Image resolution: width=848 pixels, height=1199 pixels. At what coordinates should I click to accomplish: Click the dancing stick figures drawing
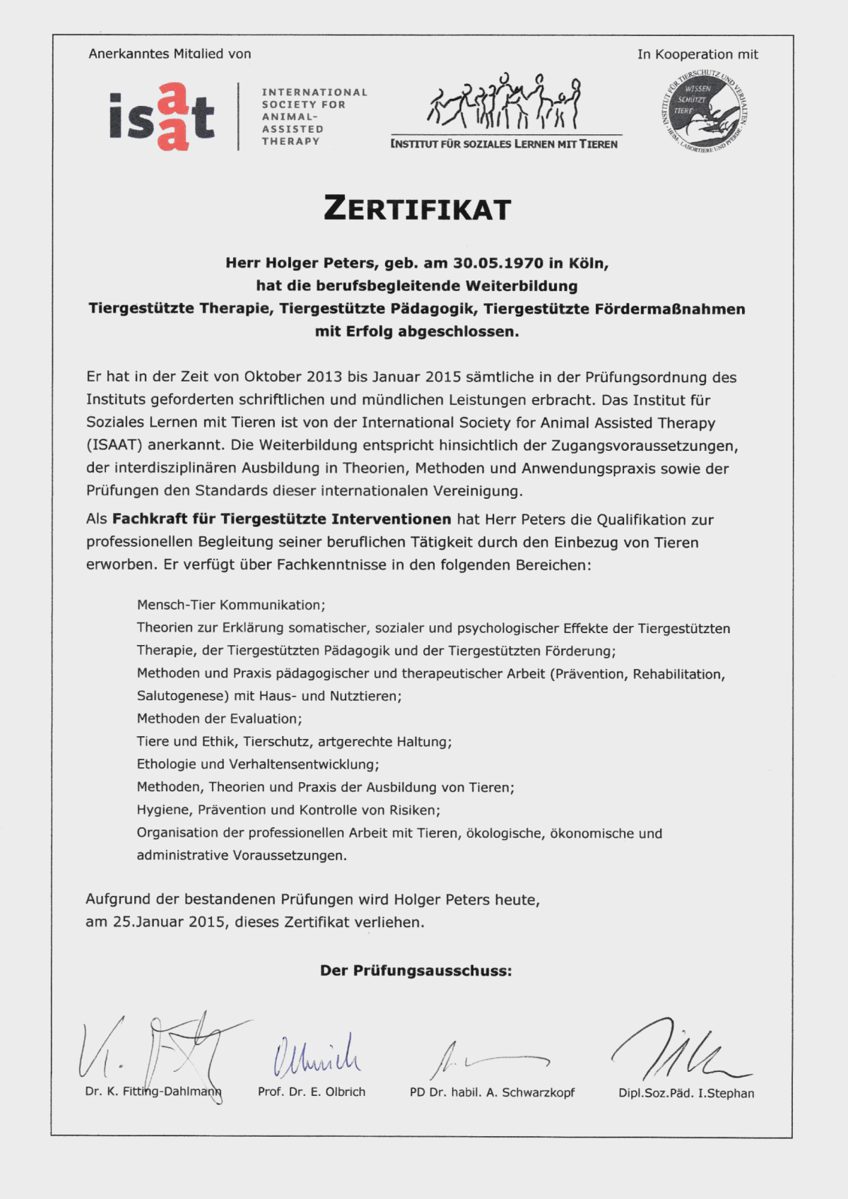click(505, 102)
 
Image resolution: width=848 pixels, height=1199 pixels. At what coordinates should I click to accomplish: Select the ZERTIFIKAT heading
click(417, 209)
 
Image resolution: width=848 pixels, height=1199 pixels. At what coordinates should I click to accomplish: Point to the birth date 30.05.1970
click(498, 264)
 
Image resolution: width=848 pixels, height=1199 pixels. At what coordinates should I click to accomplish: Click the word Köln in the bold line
click(588, 264)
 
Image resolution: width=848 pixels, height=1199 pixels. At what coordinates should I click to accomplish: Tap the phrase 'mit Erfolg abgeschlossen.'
click(417, 331)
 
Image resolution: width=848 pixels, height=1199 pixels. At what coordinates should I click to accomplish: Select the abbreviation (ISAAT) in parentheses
click(114, 445)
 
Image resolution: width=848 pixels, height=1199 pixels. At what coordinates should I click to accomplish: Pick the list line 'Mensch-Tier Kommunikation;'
click(231, 605)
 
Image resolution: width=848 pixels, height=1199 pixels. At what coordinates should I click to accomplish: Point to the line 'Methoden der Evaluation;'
click(219, 719)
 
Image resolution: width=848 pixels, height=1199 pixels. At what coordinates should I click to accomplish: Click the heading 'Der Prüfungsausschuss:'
click(416, 971)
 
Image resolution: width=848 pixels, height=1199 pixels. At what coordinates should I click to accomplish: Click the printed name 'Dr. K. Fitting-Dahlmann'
click(153, 1092)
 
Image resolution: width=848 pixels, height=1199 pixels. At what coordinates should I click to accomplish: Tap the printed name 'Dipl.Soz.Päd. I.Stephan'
click(686, 1093)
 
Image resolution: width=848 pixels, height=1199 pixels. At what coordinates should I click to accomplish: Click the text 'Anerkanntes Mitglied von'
click(170, 54)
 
